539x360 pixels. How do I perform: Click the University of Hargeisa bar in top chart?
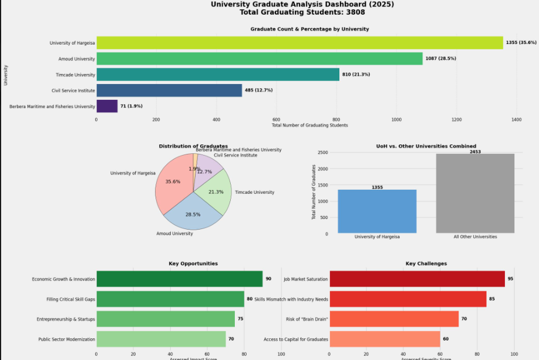299,43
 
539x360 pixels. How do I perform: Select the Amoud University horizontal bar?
259,59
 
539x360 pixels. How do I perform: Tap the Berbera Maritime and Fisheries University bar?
107,106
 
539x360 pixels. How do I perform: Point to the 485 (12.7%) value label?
259,90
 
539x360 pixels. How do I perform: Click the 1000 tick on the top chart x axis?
396,119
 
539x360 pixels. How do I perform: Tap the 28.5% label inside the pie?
192,215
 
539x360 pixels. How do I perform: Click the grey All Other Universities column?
475,194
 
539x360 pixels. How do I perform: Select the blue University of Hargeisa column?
377,211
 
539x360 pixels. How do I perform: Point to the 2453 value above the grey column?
475,152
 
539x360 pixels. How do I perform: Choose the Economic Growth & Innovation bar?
179,279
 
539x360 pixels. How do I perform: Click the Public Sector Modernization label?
66,339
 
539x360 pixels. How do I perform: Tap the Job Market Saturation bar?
417,279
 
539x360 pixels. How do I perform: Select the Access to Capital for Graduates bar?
385,339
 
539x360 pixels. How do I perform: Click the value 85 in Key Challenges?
492,299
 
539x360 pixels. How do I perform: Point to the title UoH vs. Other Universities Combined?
426,146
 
